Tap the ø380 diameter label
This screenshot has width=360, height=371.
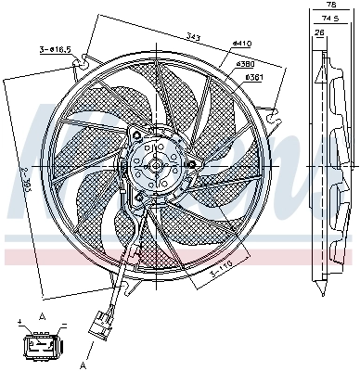246,64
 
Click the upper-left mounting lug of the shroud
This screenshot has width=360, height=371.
85,61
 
